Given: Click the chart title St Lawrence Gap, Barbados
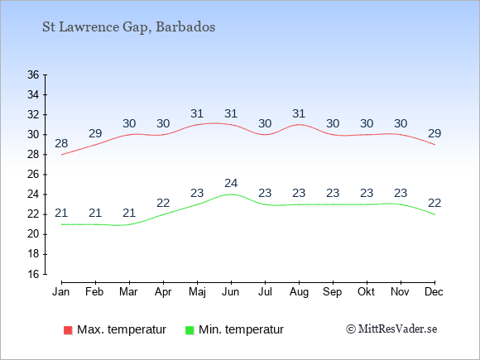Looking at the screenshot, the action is click(x=128, y=27).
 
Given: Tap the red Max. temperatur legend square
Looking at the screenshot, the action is click(x=68, y=330).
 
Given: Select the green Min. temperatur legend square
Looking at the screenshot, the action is click(x=190, y=330).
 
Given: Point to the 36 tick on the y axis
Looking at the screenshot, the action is click(x=33, y=74).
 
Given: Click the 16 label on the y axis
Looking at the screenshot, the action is click(x=33, y=274).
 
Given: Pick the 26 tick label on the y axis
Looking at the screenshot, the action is click(x=33, y=175).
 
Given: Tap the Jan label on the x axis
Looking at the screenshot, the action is click(x=61, y=292).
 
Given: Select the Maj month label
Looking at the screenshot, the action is click(x=197, y=292).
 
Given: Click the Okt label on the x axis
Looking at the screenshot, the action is click(x=366, y=292).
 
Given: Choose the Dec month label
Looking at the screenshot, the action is click(x=434, y=292).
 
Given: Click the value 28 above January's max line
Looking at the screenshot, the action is click(x=61, y=143).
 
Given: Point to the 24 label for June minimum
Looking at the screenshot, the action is click(x=231, y=183).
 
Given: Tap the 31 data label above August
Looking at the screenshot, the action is click(x=299, y=113).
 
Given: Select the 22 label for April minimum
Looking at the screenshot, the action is click(x=163, y=203).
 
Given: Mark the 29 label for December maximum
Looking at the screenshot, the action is click(x=434, y=133).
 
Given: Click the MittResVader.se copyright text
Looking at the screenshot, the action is click(x=391, y=329).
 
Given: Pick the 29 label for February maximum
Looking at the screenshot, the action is click(x=95, y=133).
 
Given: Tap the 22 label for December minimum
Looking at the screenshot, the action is click(x=434, y=203).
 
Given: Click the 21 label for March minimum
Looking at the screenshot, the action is click(x=129, y=213).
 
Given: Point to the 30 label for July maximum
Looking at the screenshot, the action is click(x=265, y=123).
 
